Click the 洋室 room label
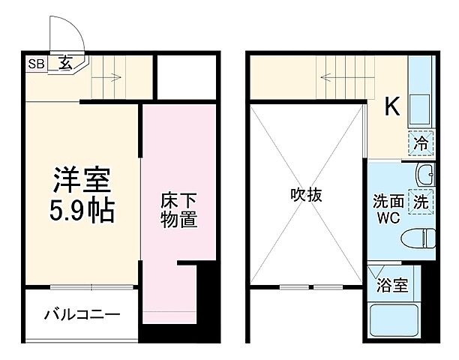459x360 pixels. click(82, 180)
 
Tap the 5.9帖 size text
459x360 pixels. click(82, 212)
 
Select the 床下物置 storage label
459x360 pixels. click(178, 211)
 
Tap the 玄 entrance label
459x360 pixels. click(67, 64)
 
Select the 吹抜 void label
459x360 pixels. click(306, 196)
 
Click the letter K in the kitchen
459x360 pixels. click(392, 108)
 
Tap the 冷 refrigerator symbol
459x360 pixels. click(421, 141)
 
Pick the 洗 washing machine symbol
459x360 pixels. click(421, 200)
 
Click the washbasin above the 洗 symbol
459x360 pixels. click(424, 174)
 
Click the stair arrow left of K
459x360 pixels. click(330, 76)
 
